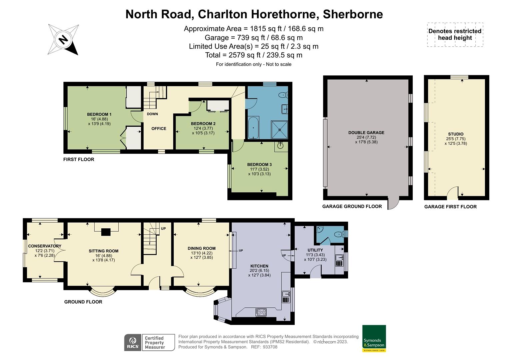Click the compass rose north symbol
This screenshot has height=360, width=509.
[63, 40]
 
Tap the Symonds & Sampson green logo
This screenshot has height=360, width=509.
[374, 338]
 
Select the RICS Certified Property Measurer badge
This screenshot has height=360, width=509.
[149, 342]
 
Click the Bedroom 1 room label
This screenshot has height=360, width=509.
[99, 114]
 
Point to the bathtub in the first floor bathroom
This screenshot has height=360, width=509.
[253, 127]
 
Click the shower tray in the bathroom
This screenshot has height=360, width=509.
[279, 129]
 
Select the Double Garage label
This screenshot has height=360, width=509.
[366, 133]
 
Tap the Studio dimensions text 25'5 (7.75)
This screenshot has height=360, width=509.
[455, 139]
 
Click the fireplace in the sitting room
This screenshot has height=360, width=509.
[106, 231]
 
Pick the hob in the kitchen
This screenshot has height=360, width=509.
[261, 312]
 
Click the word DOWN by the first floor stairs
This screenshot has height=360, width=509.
[152, 114]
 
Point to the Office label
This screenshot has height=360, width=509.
[159, 129]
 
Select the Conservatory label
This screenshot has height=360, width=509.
[45, 246]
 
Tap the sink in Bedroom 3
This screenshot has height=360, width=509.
[280, 145]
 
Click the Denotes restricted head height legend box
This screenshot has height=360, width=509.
[455, 35]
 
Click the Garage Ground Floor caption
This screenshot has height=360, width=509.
[352, 206]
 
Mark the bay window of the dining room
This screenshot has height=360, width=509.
[199, 292]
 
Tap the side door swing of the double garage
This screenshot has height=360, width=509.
[393, 204]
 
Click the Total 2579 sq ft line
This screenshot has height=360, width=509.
[254, 55]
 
